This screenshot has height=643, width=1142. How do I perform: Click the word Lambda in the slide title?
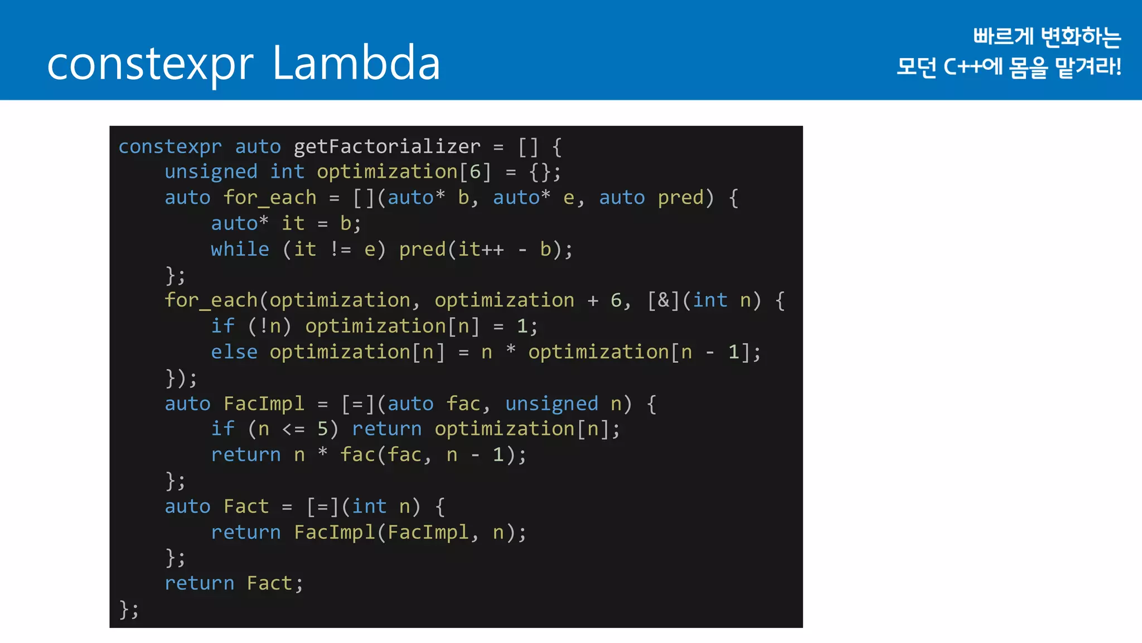tap(356, 63)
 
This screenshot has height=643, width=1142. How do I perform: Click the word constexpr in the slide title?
tap(151, 65)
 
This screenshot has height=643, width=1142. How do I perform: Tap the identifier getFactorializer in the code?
tap(386, 146)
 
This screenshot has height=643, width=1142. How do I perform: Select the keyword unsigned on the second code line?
tap(211, 172)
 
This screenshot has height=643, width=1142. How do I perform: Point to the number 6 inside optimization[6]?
tap(475, 172)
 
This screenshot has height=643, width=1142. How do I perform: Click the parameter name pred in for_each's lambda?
tap(680, 198)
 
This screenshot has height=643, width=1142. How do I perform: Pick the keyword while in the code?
tap(240, 249)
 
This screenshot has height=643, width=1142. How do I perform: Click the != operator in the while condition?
tap(340, 249)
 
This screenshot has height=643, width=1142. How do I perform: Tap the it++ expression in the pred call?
tap(481, 249)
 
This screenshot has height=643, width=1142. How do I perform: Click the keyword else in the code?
tap(234, 352)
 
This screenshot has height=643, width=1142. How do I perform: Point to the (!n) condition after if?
tap(270, 326)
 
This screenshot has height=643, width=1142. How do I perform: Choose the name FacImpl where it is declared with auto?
tap(264, 404)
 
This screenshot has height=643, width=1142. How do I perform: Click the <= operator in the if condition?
tap(293, 429)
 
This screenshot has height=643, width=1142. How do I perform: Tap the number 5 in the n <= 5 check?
tap(323, 429)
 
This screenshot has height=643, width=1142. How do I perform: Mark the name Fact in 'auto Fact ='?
tap(246, 506)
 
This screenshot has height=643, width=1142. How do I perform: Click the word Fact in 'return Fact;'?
tap(269, 583)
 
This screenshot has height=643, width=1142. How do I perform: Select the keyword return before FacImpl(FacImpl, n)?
tap(246, 532)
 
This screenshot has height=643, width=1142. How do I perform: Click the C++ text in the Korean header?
tap(962, 67)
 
